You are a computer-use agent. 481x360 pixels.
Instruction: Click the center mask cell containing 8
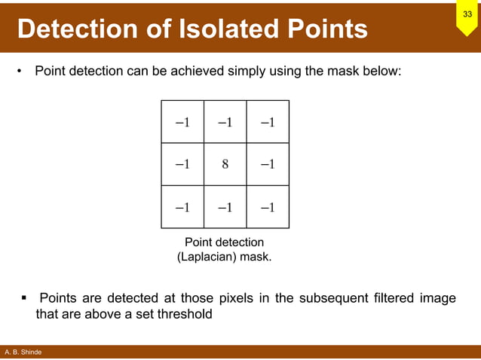[x=225, y=165]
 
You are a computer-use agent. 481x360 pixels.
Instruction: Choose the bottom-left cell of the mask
[x=182, y=207]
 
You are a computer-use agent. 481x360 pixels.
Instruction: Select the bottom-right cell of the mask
[x=267, y=207]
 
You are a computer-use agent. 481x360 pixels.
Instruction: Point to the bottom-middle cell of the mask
[x=225, y=207]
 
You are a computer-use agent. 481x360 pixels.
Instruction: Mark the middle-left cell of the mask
[x=182, y=165]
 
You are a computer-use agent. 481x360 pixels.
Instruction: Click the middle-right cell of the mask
[x=267, y=165]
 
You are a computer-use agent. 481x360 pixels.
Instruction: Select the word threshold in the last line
[x=184, y=314]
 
